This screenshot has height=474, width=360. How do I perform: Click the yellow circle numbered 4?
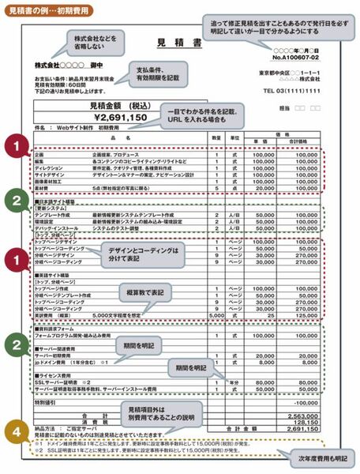click(x=16, y=433)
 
